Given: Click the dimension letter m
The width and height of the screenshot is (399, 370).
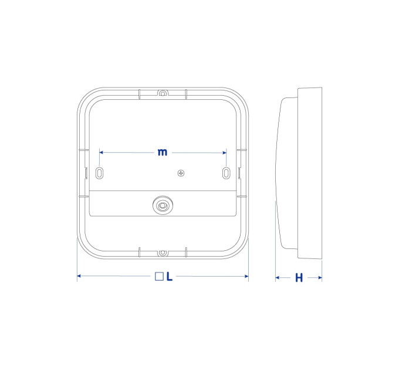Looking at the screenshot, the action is pyautogui.click(x=163, y=152).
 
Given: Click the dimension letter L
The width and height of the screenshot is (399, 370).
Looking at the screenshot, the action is pyautogui.click(x=170, y=277).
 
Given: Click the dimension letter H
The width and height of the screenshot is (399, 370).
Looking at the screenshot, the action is pyautogui.click(x=299, y=278).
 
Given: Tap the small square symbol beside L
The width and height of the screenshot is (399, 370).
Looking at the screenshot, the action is pyautogui.click(x=159, y=277).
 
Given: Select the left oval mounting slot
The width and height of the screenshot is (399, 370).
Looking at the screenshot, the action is pyautogui.click(x=99, y=173).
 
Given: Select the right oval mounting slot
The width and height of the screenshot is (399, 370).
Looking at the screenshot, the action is pyautogui.click(x=226, y=173).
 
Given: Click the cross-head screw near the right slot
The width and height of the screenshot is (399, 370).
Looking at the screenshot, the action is pyautogui.click(x=181, y=173).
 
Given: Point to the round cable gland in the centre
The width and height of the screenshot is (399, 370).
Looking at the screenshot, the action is pyautogui.click(x=163, y=205).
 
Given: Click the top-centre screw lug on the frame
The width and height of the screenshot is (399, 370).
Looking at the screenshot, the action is pyautogui.click(x=163, y=93).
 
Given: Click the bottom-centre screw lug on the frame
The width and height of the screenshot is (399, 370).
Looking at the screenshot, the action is pyautogui.click(x=163, y=253).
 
